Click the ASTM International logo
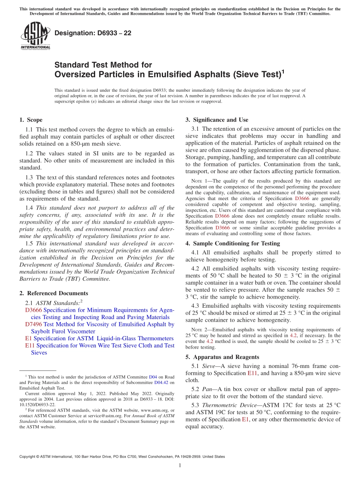pyautogui.click(x=35, y=36)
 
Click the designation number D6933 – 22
pyautogui.click(x=93, y=33)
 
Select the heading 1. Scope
pyautogui.click(x=31, y=120)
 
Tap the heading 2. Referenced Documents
pyautogui.click(x=53, y=293)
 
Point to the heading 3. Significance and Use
pyautogui.click(x=217, y=120)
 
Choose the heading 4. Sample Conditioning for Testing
pyautogui.click(x=233, y=244)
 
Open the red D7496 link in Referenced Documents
pyautogui.click(x=33, y=324)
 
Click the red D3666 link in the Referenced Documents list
pyautogui.click(x=33, y=310)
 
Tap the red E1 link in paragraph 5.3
pyautogui.click(x=245, y=419)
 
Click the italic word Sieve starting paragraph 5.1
pyautogui.click(x=208, y=366)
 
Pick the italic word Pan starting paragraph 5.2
pyautogui.click(x=207, y=390)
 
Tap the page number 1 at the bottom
pyautogui.click(x=180, y=465)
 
